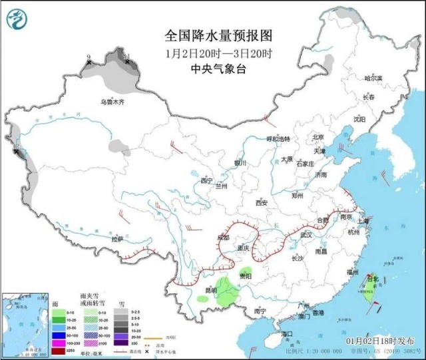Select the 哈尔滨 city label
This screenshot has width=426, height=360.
[x=373, y=78]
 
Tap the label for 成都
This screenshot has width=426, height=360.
[x=222, y=237]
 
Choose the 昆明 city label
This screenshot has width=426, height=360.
[x=210, y=291]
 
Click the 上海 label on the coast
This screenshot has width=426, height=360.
[x=363, y=221]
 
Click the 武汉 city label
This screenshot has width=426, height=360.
[x=306, y=235]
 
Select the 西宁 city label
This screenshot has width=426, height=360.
[x=206, y=180]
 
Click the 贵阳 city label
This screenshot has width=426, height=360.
[x=246, y=275]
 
